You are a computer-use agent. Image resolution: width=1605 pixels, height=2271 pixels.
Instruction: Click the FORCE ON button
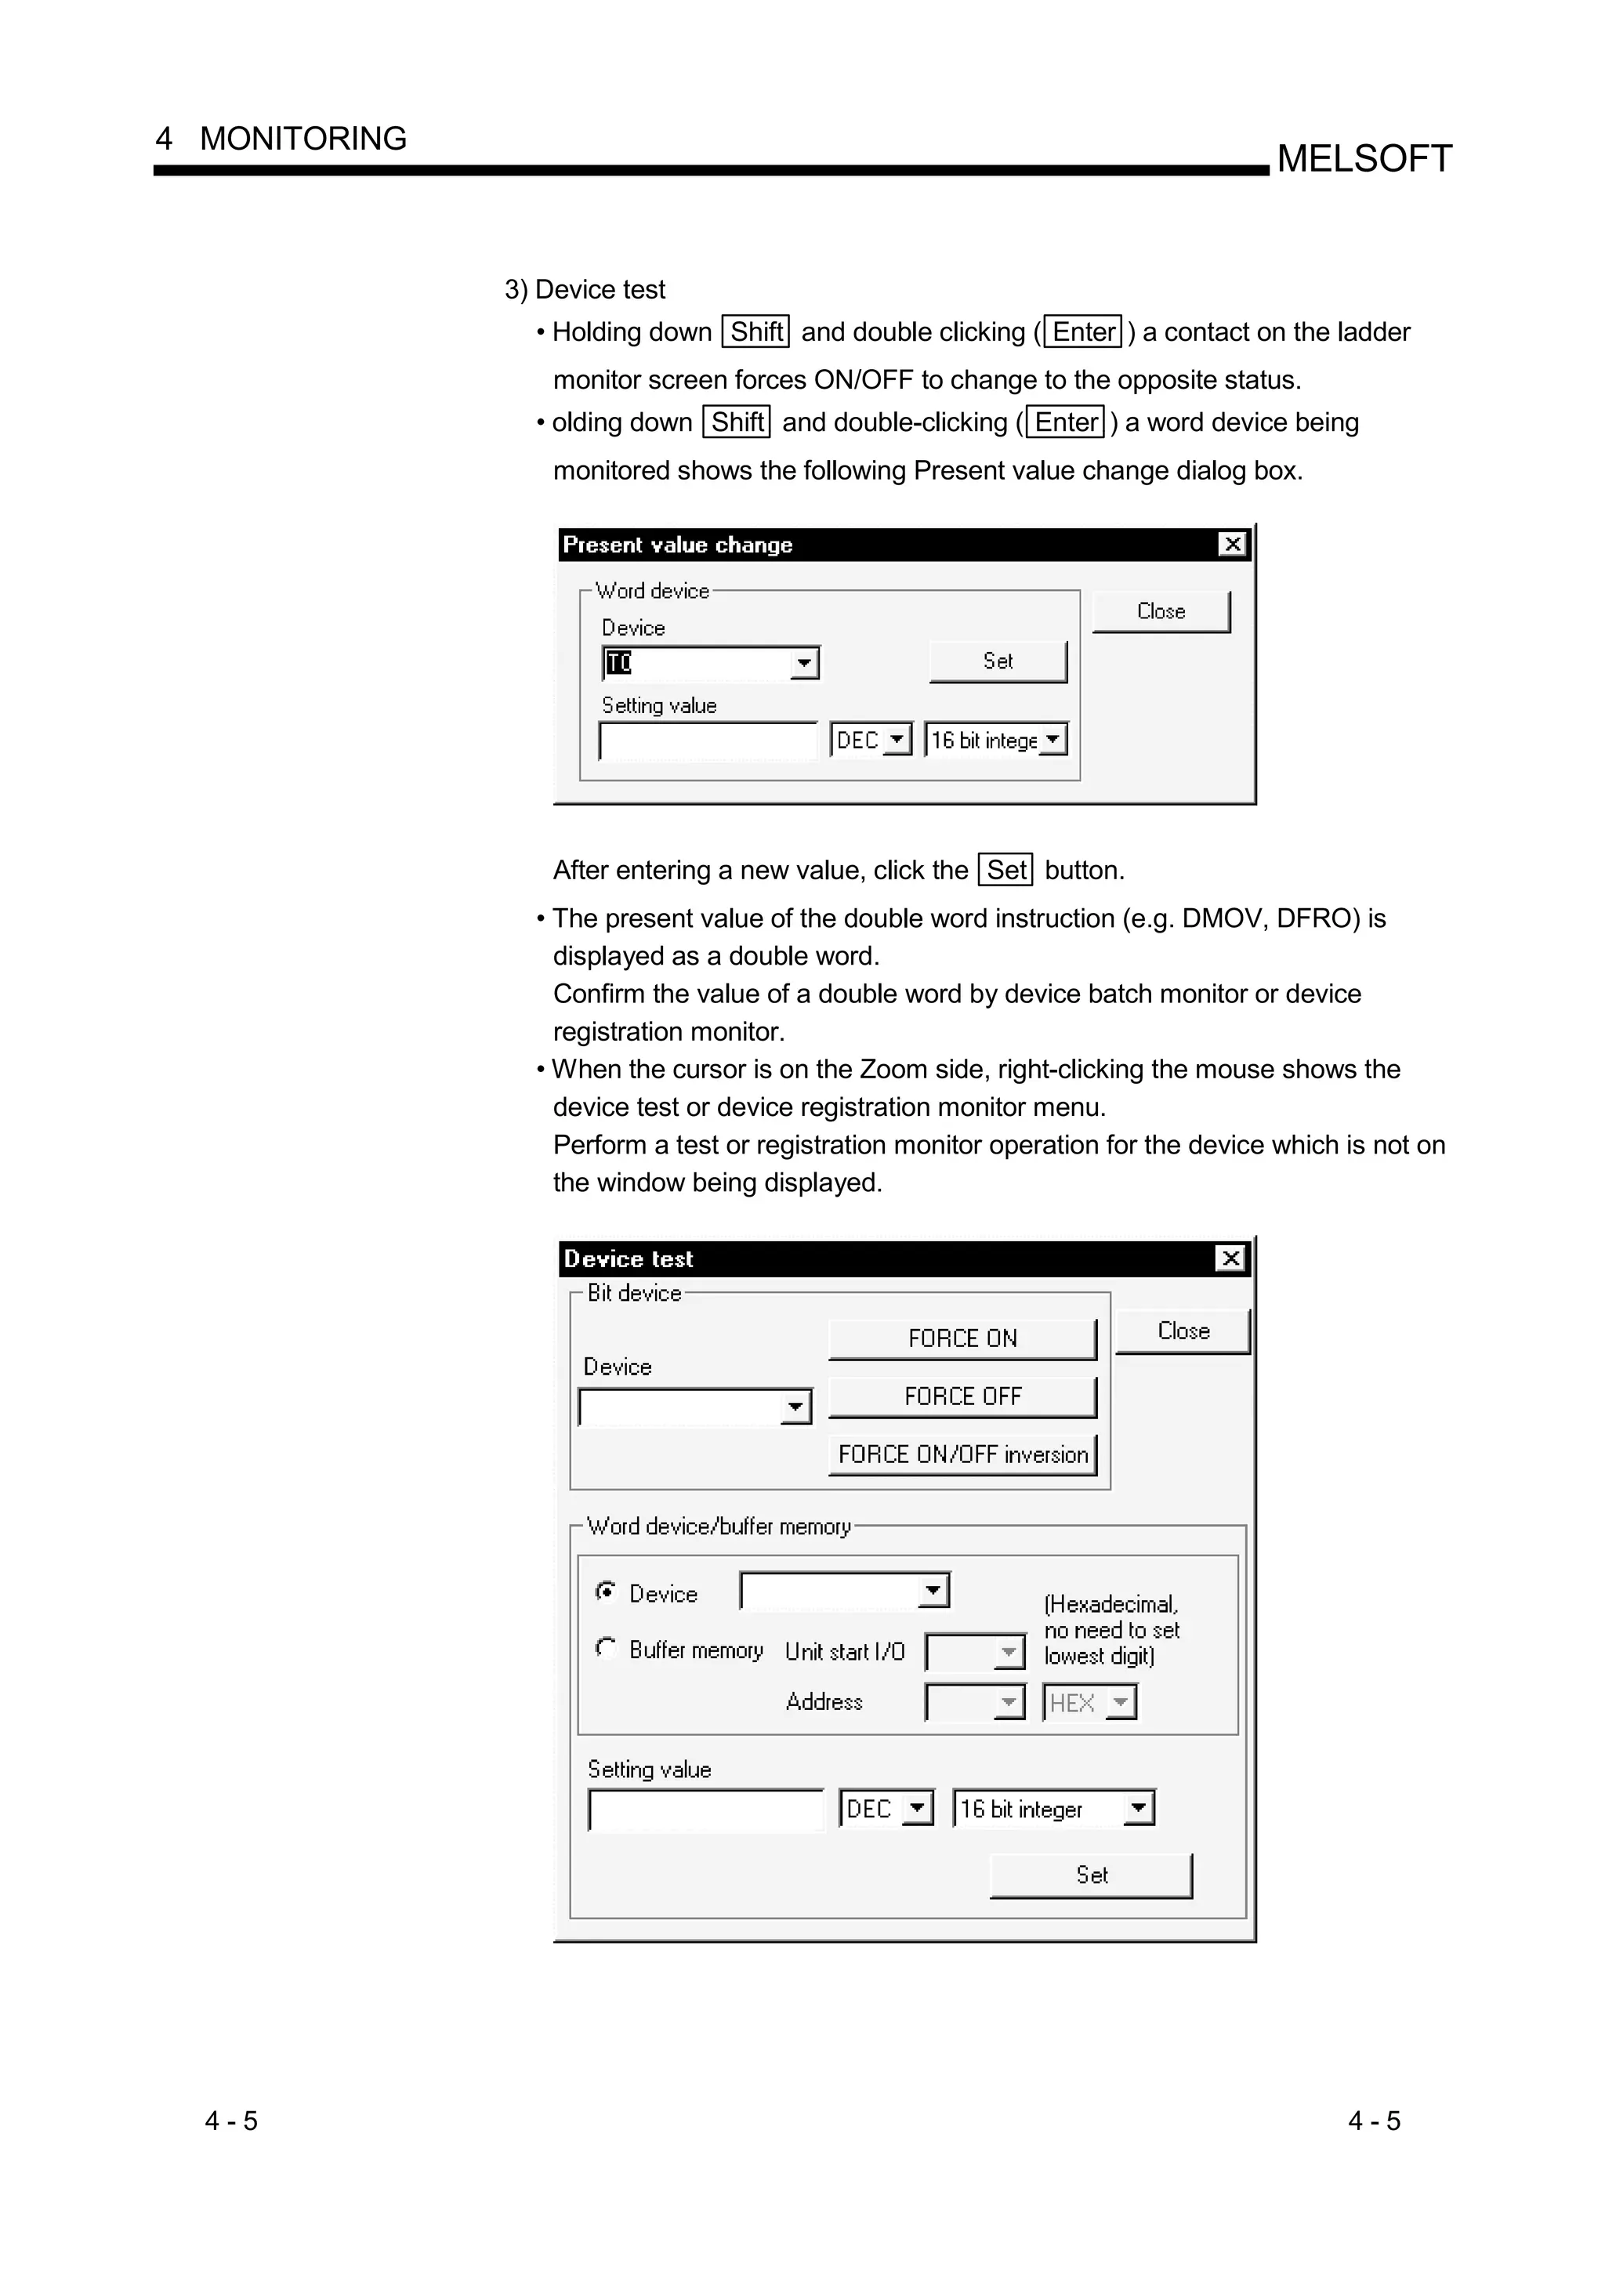(962, 1338)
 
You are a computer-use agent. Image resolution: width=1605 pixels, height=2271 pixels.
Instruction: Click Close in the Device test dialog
(1182, 1331)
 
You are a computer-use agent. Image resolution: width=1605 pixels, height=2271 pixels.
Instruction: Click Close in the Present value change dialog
(1160, 611)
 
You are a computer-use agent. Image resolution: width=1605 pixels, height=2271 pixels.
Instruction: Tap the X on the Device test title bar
(1230, 1259)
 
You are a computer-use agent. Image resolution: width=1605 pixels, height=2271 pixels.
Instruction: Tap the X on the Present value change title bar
(1231, 544)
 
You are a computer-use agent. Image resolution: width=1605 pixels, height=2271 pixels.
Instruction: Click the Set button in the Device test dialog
(1091, 1875)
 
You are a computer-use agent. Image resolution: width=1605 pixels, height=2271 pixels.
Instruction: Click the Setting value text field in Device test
(706, 1810)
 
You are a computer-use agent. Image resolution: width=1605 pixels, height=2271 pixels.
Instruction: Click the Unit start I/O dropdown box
(974, 1652)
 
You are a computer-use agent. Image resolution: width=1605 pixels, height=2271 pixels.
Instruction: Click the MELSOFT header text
(1364, 158)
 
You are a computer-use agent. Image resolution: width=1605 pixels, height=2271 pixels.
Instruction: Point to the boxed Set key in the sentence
(1005, 871)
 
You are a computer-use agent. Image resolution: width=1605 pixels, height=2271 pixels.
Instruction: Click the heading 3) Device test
(585, 290)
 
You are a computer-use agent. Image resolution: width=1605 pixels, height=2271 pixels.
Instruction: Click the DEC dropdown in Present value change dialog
(870, 740)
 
